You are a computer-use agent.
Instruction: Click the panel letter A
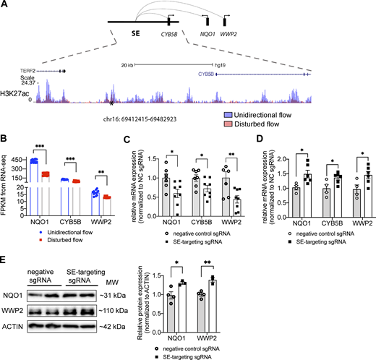point(4,5)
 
